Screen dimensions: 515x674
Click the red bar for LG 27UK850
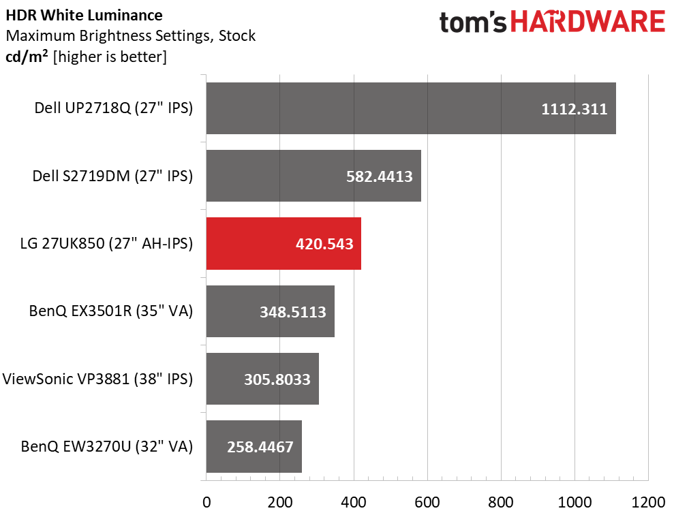coord(283,243)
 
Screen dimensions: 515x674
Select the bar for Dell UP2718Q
coord(410,108)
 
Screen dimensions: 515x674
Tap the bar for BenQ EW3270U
coord(253,447)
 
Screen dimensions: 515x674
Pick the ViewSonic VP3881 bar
coord(262,379)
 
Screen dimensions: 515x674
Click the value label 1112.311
coord(574,109)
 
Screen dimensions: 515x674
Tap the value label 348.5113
coord(293,312)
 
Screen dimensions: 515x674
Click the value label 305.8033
coord(277,379)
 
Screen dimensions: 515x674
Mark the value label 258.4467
coord(260,448)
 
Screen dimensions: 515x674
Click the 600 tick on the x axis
coord(427,502)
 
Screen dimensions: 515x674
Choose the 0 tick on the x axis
coord(206,502)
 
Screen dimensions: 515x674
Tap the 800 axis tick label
coord(501,502)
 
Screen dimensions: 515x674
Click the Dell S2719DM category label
coord(113,176)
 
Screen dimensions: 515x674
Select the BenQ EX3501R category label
coord(111,312)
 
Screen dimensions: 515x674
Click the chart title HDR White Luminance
coord(84,15)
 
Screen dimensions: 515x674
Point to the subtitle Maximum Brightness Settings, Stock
coord(130,35)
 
